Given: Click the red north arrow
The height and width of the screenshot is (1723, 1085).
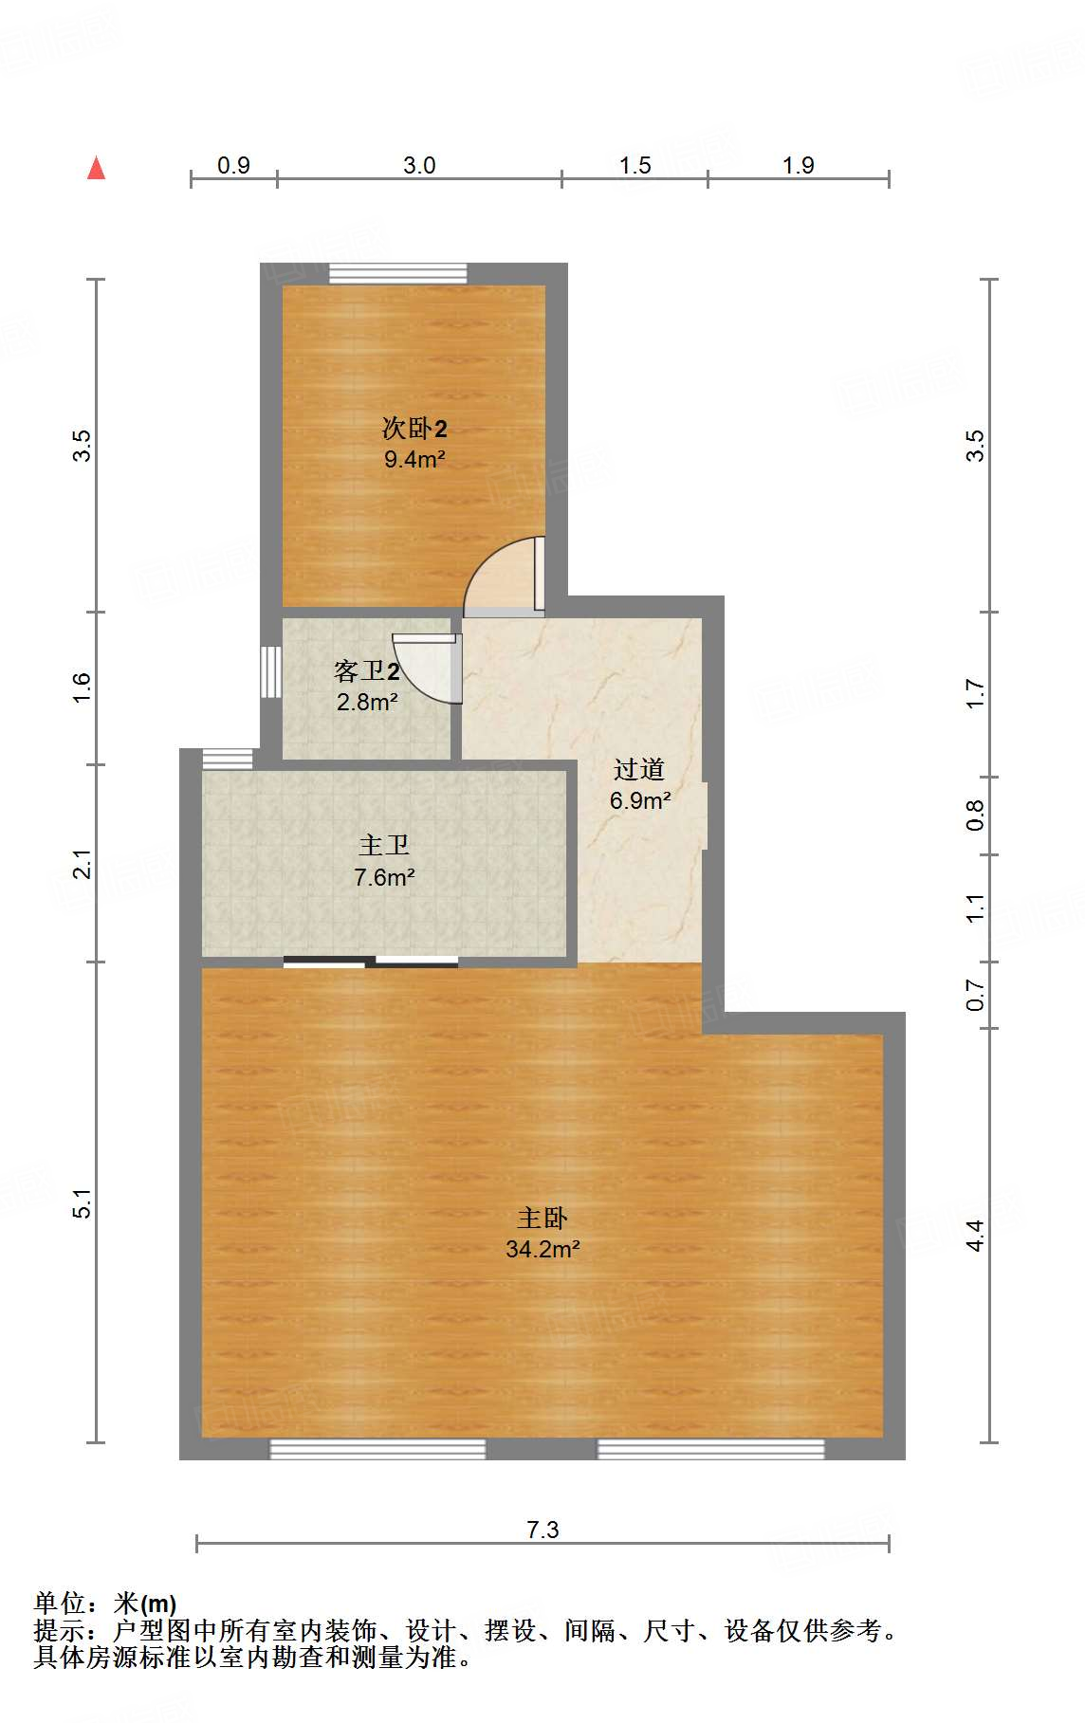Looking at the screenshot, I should pyautogui.click(x=96, y=168).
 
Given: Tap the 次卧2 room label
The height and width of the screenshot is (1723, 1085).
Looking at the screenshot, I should pyautogui.click(x=414, y=429).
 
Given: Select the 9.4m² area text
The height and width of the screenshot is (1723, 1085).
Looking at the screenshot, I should pyautogui.click(x=414, y=460).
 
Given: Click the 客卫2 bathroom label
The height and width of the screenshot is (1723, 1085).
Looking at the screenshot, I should pyautogui.click(x=367, y=671).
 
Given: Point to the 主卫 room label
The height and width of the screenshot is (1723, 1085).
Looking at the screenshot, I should pyautogui.click(x=384, y=845).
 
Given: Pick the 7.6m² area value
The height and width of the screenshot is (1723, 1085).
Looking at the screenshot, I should pyautogui.click(x=384, y=878).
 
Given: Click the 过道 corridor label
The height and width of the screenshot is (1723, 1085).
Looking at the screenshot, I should pyautogui.click(x=639, y=769).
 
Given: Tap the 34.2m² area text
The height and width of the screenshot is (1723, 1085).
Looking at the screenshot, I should pyautogui.click(x=542, y=1249).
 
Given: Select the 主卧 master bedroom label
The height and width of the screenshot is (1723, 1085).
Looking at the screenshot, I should pyautogui.click(x=542, y=1218).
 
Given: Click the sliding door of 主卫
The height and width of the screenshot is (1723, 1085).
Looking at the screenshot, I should pyautogui.click(x=371, y=962).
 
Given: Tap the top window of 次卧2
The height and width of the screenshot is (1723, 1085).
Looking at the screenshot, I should pyautogui.click(x=398, y=274).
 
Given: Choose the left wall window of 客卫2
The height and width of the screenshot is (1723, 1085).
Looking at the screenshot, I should pyautogui.click(x=271, y=671).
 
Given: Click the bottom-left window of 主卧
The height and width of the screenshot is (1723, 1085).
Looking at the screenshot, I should pyautogui.click(x=377, y=1449).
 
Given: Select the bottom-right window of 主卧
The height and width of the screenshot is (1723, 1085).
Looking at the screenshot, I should pyautogui.click(x=710, y=1449).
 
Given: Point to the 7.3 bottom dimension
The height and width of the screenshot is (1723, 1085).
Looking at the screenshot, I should pyautogui.click(x=542, y=1530).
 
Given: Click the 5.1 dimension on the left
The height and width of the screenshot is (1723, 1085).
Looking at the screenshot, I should pyautogui.click(x=83, y=1202).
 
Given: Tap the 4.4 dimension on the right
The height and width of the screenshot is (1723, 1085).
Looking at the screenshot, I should pyautogui.click(x=975, y=1235).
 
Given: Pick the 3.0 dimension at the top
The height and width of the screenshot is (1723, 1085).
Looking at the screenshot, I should pyautogui.click(x=419, y=165).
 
